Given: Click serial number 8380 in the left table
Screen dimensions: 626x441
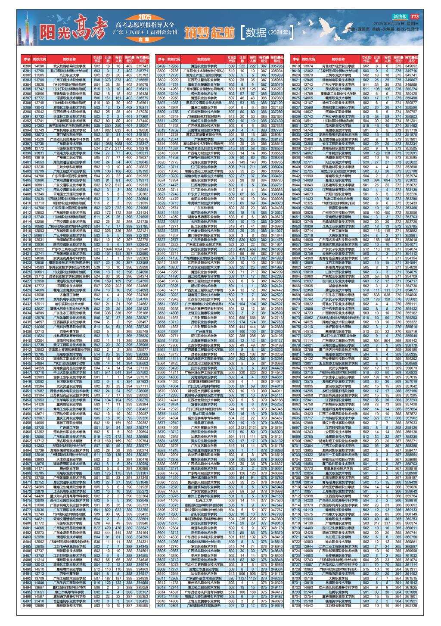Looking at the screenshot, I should click(x=27, y=66).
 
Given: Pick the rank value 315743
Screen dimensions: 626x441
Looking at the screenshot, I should click(x=142, y=66).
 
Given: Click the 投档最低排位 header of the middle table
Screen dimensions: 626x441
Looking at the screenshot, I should click(x=276, y=59).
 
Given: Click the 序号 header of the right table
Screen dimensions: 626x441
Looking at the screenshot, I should click(x=296, y=59).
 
